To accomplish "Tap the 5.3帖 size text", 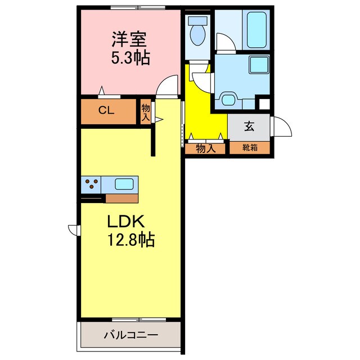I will click(130, 58).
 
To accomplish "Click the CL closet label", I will click(107, 110).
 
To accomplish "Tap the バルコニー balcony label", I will click(130, 335).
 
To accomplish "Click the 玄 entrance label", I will click(249, 126).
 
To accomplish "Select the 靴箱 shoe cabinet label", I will click(250, 148).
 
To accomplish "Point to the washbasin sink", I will click(229, 99).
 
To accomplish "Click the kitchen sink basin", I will click(125, 183).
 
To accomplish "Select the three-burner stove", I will click(92, 183).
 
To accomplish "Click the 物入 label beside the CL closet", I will click(145, 111).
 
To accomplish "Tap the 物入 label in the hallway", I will click(205, 148).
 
